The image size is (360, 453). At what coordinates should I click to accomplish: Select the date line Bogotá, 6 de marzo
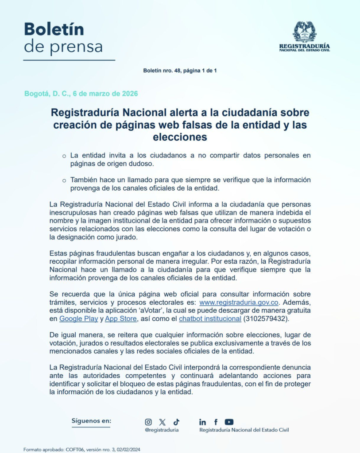[x=81, y=94]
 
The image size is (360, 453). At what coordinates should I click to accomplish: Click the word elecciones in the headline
[x=180, y=137]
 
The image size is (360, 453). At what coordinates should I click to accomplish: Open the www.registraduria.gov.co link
[x=239, y=303]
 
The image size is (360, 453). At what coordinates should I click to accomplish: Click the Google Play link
[x=78, y=319]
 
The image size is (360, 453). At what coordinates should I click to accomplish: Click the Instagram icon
[x=148, y=422]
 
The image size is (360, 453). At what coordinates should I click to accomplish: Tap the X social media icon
[x=162, y=422]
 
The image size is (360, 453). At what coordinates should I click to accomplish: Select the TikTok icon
[x=176, y=422]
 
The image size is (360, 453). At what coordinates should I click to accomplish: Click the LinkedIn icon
[x=202, y=422]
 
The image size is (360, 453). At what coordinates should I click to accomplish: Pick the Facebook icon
[x=216, y=422]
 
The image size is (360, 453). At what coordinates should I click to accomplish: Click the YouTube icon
[x=229, y=422]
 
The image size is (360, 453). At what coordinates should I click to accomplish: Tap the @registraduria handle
[x=162, y=430]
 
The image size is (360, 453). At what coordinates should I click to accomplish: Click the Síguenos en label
[x=91, y=421]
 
